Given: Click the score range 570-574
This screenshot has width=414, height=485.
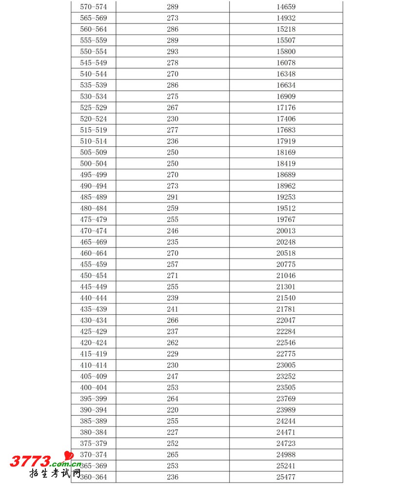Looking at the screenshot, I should click(93, 7).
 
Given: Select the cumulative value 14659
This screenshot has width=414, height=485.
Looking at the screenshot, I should click(286, 7).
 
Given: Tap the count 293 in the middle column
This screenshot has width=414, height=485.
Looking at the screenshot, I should click(173, 52).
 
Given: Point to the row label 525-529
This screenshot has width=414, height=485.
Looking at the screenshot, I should click(93, 108).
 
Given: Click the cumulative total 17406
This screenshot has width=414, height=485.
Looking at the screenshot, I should click(286, 119).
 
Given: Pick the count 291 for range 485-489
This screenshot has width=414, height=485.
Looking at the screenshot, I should click(173, 197).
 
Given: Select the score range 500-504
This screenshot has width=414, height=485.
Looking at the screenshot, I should click(93, 164).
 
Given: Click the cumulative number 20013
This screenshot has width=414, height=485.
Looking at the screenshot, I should click(286, 231).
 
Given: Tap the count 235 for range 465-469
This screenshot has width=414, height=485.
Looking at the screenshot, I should click(173, 242).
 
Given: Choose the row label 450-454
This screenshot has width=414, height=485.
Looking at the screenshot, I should click(93, 276).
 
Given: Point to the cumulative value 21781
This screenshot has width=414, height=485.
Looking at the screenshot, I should click(286, 309).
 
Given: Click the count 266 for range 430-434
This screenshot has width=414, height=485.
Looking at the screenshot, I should click(173, 321).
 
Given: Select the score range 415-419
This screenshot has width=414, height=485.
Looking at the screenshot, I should click(93, 354).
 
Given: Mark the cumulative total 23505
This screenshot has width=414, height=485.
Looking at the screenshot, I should click(286, 388).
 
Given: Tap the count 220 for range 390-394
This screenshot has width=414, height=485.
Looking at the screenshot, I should click(173, 410).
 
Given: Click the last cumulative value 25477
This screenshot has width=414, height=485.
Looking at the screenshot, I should click(286, 477).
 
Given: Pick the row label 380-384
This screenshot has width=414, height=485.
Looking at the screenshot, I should click(93, 432).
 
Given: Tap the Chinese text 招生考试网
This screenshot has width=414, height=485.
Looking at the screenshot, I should click(55, 474).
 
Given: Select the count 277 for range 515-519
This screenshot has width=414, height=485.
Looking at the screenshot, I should click(173, 130).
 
